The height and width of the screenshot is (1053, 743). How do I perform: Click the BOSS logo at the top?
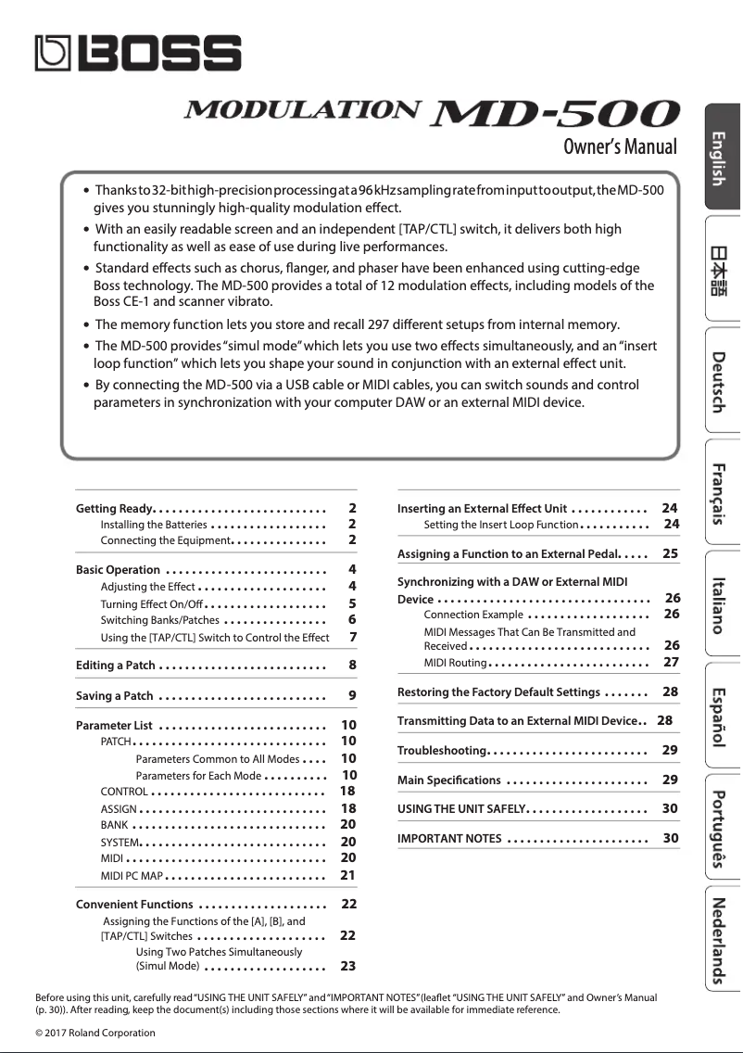pos(138,53)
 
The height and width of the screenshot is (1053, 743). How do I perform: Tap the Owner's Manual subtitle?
pos(620,146)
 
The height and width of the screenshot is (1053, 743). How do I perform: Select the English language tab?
pos(722,159)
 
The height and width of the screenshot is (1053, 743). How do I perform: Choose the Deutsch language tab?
pos(722,381)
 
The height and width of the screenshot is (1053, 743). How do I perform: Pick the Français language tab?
pos(722,492)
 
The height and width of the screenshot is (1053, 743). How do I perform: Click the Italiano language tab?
pos(722,604)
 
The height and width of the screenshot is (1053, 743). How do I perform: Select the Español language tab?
pos(722,716)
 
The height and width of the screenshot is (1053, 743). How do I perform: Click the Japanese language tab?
pos(722,270)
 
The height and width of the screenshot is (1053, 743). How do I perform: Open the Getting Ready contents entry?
pos(114,509)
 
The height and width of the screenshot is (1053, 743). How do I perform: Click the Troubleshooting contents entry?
pos(442,750)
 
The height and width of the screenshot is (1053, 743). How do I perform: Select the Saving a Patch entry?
pos(114,696)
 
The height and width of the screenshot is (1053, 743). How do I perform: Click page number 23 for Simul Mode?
pos(348,966)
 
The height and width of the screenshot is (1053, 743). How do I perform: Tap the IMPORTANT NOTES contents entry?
pos(449,839)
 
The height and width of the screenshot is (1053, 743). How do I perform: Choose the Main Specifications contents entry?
pos(448,780)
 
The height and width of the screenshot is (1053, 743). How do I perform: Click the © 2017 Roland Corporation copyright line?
pos(95,1033)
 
